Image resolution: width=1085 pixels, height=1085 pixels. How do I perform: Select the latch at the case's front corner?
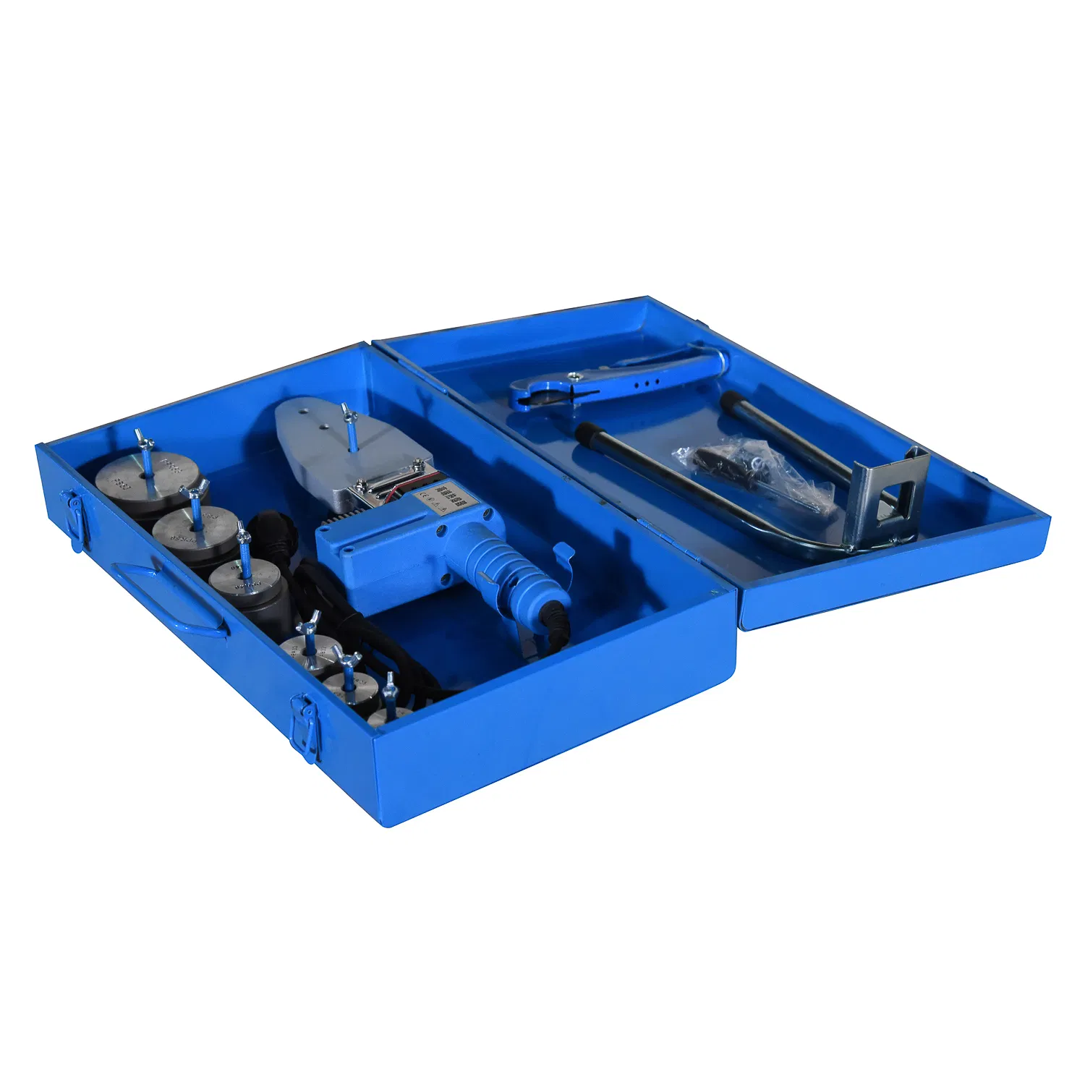click(x=305, y=725)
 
